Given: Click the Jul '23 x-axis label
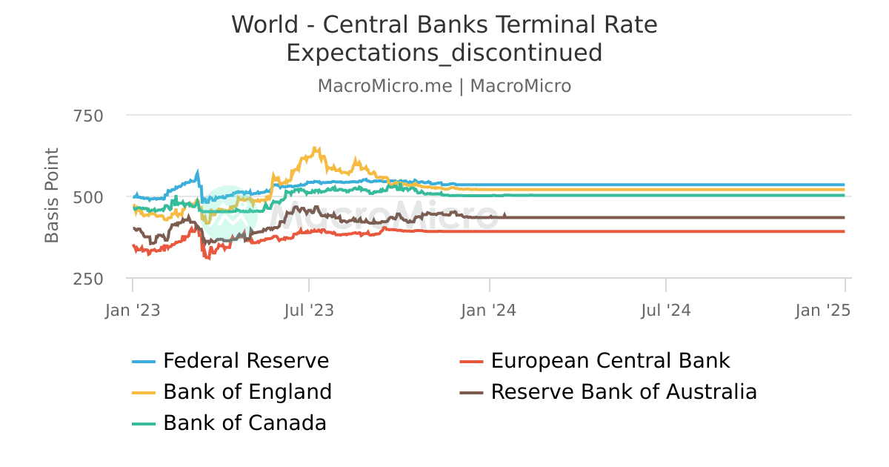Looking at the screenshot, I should (309, 311).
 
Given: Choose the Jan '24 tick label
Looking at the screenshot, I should (489, 311).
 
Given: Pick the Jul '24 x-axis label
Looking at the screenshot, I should (665, 311).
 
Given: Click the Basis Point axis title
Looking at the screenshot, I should (52, 196).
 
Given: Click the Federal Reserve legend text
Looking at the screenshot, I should (246, 361).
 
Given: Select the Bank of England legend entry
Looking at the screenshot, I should (247, 391).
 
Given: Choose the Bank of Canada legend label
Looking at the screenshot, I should (244, 423).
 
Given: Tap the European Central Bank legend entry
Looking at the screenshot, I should (610, 361).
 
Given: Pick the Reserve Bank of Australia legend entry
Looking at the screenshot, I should (624, 391).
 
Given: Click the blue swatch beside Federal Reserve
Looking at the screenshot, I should (144, 362).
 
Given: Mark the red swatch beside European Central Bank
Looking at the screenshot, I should (472, 362).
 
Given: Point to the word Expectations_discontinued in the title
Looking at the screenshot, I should (444, 53).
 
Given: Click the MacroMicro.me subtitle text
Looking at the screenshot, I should (384, 86).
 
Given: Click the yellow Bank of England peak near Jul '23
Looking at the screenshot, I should (316, 148).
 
